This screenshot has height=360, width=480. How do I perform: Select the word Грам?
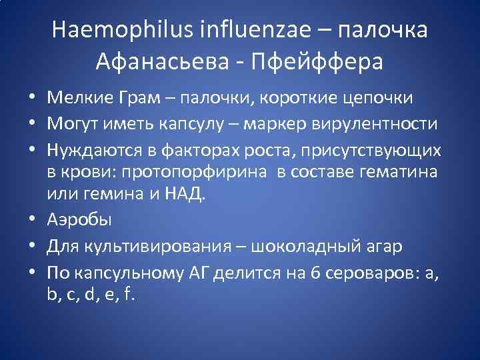138,98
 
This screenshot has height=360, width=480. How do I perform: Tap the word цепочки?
379,98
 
